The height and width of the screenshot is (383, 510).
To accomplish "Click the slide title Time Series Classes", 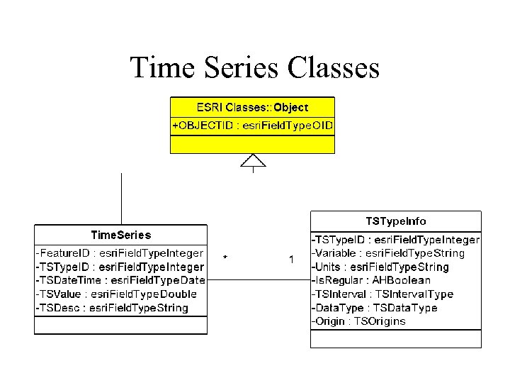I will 255,68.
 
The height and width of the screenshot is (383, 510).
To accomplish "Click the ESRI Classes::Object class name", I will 252,107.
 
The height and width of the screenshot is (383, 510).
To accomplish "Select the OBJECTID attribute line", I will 252,126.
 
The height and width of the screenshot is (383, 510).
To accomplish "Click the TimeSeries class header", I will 121,235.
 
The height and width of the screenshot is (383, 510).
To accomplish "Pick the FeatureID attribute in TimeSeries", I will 119,253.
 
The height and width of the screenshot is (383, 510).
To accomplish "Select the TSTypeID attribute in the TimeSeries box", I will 120,267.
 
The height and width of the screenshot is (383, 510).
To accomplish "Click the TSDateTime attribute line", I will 120,280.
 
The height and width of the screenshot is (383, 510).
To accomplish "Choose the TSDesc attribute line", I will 112,308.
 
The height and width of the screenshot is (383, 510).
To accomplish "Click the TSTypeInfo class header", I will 395,221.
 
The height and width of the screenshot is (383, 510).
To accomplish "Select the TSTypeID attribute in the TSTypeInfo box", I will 396,240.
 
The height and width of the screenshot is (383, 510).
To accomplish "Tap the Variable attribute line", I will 388,253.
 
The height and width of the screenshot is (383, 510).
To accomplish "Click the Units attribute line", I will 380,267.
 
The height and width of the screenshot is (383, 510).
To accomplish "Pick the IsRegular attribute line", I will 371,281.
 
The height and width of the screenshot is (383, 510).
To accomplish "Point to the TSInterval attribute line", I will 382,294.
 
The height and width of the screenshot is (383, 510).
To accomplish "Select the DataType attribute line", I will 375,308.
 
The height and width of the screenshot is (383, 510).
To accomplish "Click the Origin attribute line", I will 359,321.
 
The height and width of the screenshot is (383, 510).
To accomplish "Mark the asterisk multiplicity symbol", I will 225,257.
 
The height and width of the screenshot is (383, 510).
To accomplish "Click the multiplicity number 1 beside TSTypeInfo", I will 292,260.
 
